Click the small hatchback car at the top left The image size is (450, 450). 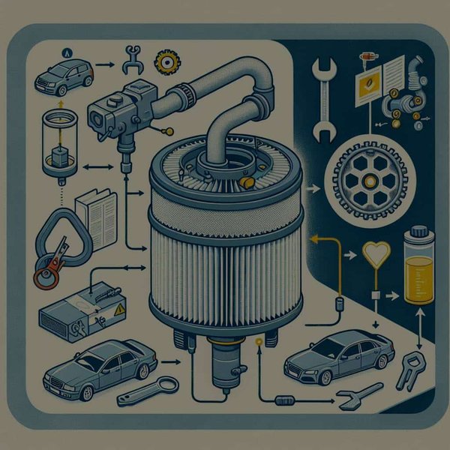[x=63, y=75]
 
